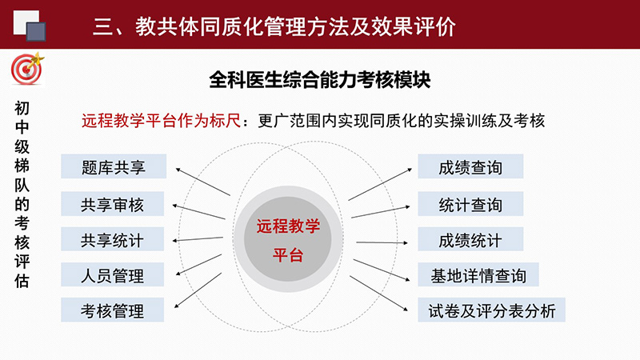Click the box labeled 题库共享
click(x=114, y=166)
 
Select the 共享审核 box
click(x=112, y=204)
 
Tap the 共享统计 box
click(x=112, y=239)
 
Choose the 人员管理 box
click(x=112, y=274)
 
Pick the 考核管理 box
click(x=112, y=310)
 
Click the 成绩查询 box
click(x=470, y=166)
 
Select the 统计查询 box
click(x=470, y=204)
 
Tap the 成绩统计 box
click(x=470, y=239)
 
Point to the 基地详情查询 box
click(x=478, y=274)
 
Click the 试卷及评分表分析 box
click(x=491, y=310)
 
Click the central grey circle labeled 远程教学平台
click(x=288, y=239)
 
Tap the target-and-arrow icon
click(x=27, y=69)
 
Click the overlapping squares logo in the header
click(x=30, y=26)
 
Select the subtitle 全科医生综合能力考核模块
click(x=319, y=79)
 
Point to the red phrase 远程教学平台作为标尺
click(x=162, y=121)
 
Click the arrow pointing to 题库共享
click(x=203, y=182)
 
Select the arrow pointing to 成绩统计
click(x=382, y=242)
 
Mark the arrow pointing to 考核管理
click(x=198, y=290)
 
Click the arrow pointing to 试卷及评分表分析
click(x=378, y=294)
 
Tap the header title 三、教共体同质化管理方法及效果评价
click(x=274, y=26)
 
